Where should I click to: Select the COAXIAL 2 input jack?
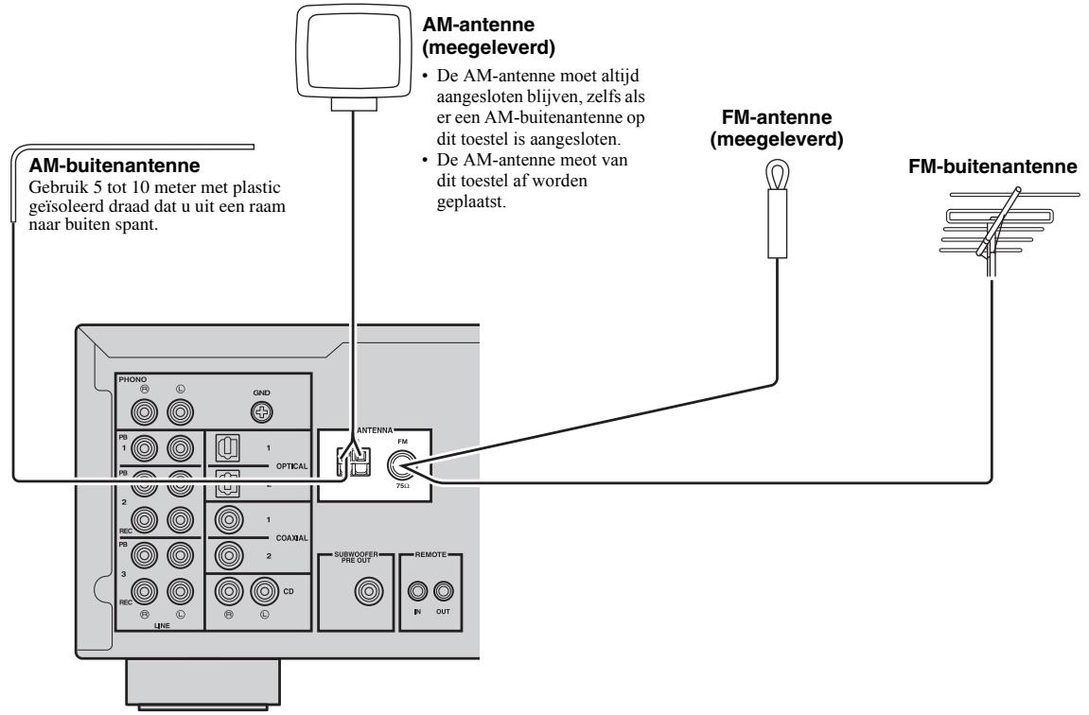tap(227, 556)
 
